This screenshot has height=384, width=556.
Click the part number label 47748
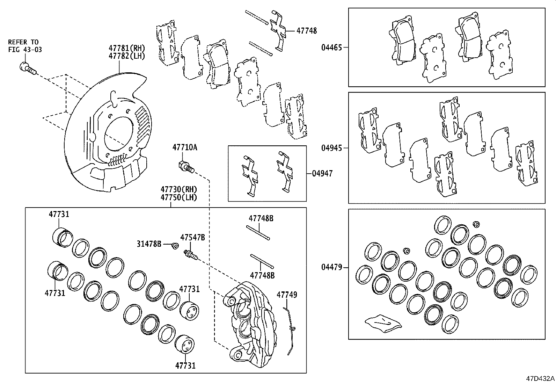(x=307, y=31)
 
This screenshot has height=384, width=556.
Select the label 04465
(x=331, y=47)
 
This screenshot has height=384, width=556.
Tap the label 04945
(x=331, y=148)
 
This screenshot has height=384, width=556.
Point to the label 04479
(x=331, y=268)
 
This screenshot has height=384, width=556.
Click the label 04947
(x=322, y=173)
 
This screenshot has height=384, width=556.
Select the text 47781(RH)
(x=122, y=48)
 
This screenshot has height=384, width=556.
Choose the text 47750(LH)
(x=179, y=197)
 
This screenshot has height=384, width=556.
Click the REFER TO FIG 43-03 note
(x=25, y=46)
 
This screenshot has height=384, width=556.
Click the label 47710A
(x=184, y=147)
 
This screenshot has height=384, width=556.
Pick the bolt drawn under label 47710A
(x=186, y=167)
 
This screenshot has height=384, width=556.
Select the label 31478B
(x=149, y=244)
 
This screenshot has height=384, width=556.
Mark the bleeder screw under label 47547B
(x=190, y=255)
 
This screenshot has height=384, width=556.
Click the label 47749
(x=287, y=295)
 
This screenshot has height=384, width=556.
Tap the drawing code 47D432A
(x=540, y=378)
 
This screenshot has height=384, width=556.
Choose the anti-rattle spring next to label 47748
(x=280, y=30)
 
